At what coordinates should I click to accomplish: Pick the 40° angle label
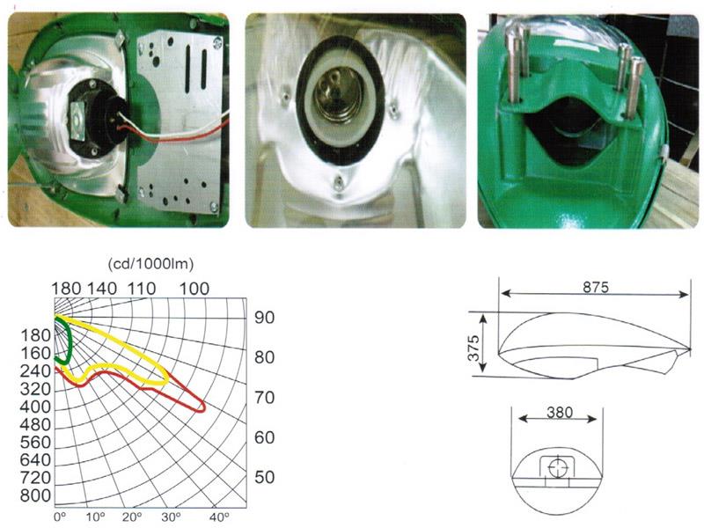click(x=218, y=517)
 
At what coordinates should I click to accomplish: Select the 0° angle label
click(x=60, y=517)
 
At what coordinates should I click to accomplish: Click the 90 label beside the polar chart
click(x=265, y=319)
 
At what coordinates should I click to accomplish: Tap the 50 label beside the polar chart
click(x=265, y=477)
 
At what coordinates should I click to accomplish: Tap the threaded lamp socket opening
click(x=340, y=105)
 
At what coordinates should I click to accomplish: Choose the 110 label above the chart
click(x=141, y=288)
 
